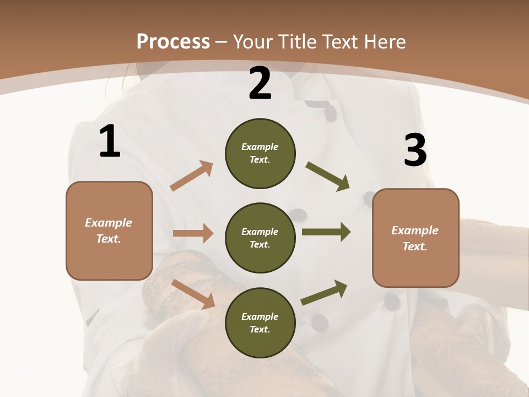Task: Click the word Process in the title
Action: [173, 42]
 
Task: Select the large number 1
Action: [110, 142]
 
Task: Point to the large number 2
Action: [260, 83]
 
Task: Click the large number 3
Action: [415, 150]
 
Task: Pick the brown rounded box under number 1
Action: [109, 230]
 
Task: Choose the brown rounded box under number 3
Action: [415, 238]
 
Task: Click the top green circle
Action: [260, 153]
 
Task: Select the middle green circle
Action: [260, 238]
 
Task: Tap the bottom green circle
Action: [260, 323]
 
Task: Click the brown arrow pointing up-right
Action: [192, 176]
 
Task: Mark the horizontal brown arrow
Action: [193, 233]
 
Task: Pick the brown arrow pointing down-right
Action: [193, 294]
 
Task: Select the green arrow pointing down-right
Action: [327, 176]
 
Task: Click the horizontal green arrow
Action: [326, 232]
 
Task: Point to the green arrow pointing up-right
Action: [324, 292]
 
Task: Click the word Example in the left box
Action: [109, 223]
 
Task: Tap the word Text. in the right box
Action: [415, 246]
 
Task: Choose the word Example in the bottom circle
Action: [260, 316]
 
